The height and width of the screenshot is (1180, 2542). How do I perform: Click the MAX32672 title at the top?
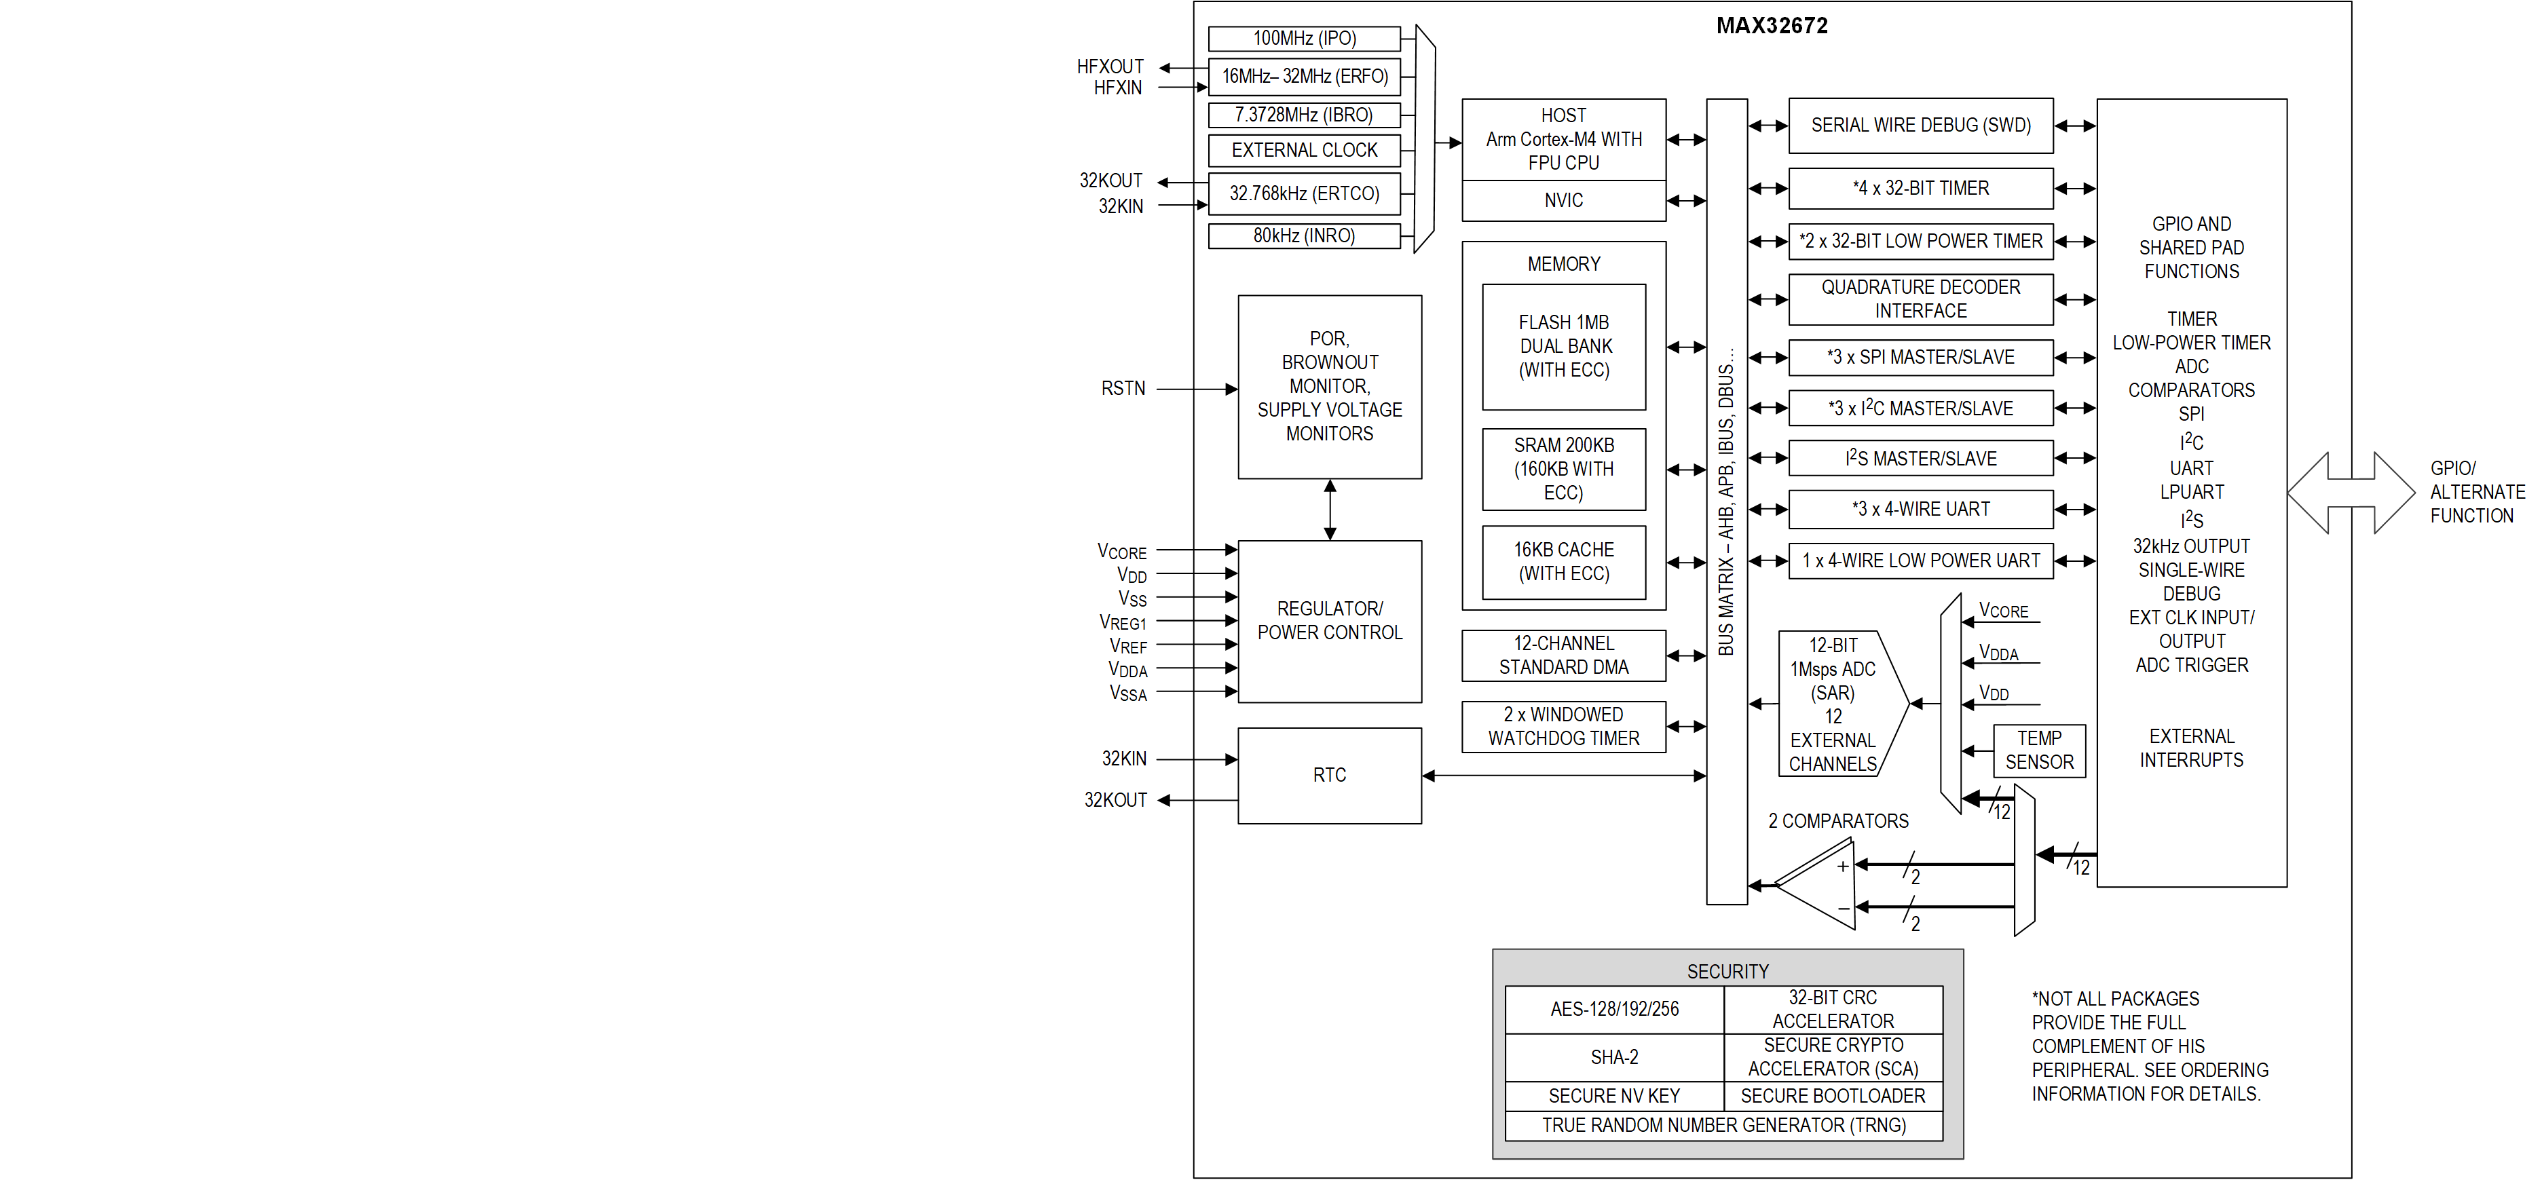point(1772,26)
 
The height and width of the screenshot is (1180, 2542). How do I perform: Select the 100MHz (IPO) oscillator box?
point(1303,39)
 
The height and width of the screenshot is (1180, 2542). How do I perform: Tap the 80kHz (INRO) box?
point(1303,236)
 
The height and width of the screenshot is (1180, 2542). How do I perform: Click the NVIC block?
point(1563,200)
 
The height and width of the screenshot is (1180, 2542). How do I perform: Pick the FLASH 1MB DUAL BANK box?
point(1563,346)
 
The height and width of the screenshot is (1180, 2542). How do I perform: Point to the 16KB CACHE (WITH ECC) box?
point(1563,561)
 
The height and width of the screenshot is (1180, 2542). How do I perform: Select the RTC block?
point(1329,776)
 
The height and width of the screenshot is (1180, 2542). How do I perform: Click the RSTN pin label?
point(1123,389)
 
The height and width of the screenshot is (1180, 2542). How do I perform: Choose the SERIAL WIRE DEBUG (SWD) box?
point(1920,126)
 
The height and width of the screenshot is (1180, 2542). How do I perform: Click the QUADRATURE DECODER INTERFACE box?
point(1920,299)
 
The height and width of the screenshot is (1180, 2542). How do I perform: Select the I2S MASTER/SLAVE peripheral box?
point(1920,459)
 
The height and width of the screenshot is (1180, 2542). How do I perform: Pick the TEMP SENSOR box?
point(2039,751)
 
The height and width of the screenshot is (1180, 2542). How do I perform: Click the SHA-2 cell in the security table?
point(1614,1058)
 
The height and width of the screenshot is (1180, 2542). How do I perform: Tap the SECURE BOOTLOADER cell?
point(1833,1096)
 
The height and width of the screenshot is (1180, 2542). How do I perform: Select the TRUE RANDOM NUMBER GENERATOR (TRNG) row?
point(1724,1126)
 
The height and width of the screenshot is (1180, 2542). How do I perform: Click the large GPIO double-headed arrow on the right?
point(2351,493)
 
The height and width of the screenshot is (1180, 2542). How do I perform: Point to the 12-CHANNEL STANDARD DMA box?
point(1563,655)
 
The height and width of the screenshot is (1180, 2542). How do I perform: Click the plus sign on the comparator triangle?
point(1842,867)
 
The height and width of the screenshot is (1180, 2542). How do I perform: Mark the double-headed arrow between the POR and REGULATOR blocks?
point(1330,510)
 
